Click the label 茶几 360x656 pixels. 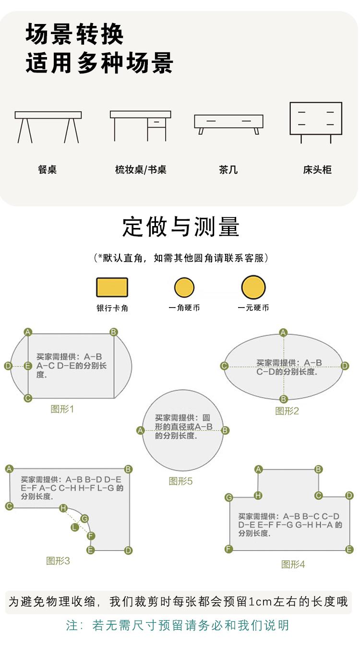(x=228, y=169)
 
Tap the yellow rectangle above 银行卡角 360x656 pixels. (x=112, y=287)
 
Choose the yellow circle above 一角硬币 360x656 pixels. (x=184, y=287)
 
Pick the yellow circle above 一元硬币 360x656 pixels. (x=253, y=287)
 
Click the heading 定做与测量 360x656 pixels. (x=181, y=227)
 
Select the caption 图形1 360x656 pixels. (x=62, y=409)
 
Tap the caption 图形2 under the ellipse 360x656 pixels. (x=287, y=411)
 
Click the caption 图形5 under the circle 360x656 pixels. (x=180, y=481)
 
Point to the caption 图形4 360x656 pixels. (x=293, y=564)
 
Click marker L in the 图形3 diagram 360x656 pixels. (x=75, y=527)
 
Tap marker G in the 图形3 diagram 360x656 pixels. (x=84, y=518)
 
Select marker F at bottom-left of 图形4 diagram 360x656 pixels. (x=228, y=549)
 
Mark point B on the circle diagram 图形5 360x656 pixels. (x=225, y=430)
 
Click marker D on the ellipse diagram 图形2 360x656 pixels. (x=345, y=366)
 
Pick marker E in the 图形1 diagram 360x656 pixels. (x=28, y=366)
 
